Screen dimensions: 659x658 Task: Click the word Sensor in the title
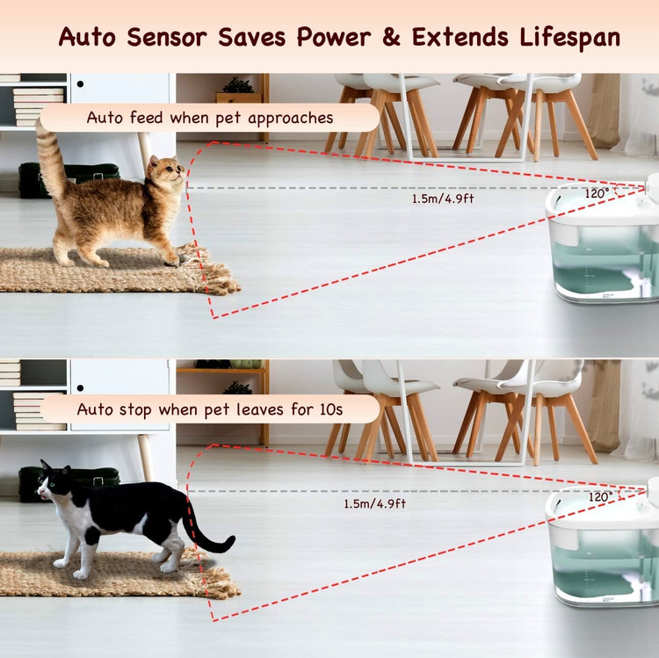click(167, 37)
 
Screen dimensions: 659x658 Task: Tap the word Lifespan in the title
click(570, 38)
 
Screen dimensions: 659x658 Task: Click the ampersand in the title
click(391, 37)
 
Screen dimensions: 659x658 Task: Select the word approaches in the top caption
click(291, 119)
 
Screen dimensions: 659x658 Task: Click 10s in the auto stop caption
click(331, 409)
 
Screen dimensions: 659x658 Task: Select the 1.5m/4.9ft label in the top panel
click(443, 199)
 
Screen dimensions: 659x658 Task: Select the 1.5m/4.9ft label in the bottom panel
click(375, 503)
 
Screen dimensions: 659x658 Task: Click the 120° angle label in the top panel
click(597, 193)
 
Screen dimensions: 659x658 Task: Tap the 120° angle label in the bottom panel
click(601, 496)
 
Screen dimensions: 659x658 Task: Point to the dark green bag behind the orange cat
click(69, 179)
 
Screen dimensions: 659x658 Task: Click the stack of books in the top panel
click(39, 106)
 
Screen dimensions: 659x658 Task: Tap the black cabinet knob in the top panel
click(80, 84)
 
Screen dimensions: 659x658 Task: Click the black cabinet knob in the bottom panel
click(80, 387)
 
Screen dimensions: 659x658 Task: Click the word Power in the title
click(334, 37)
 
